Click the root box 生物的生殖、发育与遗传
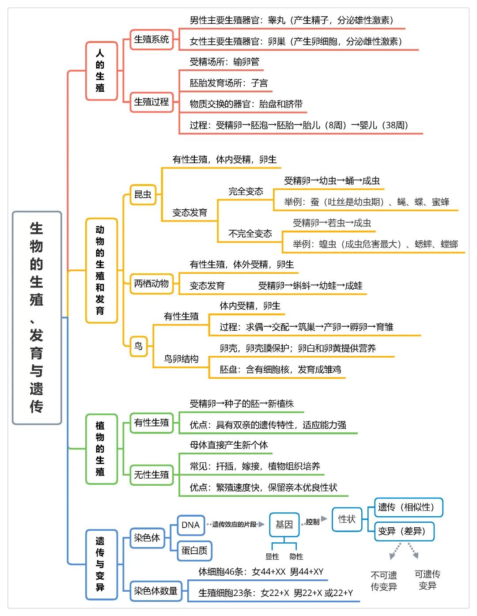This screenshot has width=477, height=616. (37, 317)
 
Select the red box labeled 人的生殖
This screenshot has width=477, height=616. (102, 71)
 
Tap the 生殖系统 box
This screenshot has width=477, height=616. (151, 39)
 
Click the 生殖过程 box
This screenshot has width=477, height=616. (151, 102)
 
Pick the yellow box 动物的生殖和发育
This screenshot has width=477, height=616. (102, 270)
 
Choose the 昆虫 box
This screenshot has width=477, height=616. (143, 194)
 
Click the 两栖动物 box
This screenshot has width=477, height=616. (151, 283)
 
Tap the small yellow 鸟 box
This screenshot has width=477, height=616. (139, 346)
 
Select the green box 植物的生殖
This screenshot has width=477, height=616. (102, 449)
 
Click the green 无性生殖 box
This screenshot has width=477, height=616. (151, 475)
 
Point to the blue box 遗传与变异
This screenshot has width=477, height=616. (102, 564)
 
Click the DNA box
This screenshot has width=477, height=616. (191, 525)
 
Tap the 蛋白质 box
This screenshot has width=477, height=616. (194, 551)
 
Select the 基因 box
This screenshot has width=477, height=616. (284, 525)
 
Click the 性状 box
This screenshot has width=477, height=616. (347, 519)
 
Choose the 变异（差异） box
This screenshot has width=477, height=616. (404, 531)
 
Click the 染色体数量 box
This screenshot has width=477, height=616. (156, 591)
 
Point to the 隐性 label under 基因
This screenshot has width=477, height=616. (296, 557)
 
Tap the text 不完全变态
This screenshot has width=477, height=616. (250, 234)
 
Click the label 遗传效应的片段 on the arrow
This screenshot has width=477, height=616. (235, 525)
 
